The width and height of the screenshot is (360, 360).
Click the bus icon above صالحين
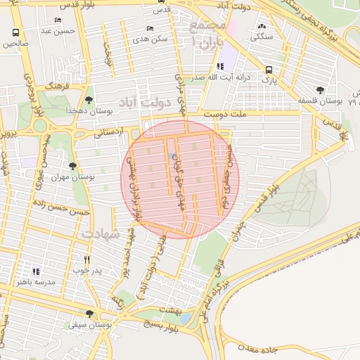pyautogui.click(x=16, y=33)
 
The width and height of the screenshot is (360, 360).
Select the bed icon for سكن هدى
pyautogui.click(x=150, y=28)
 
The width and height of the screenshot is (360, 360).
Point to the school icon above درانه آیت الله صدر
pyautogui.click(x=220, y=66)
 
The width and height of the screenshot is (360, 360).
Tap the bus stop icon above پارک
pyautogui.click(x=269, y=70)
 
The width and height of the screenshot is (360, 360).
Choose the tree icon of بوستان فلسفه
pyautogui.click(x=321, y=90)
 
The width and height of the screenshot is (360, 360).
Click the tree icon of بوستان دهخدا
pyautogui.click(x=88, y=100)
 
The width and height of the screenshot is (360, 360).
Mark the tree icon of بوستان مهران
pyautogui.click(x=72, y=166)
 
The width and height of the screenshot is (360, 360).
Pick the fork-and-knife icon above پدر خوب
pyautogui.click(x=87, y=259)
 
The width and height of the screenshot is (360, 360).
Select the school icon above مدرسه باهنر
pyautogui.click(x=36, y=271)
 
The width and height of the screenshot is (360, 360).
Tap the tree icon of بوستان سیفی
pyautogui.click(x=89, y=314)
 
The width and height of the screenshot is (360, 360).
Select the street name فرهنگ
pyautogui.click(x=56, y=85)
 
